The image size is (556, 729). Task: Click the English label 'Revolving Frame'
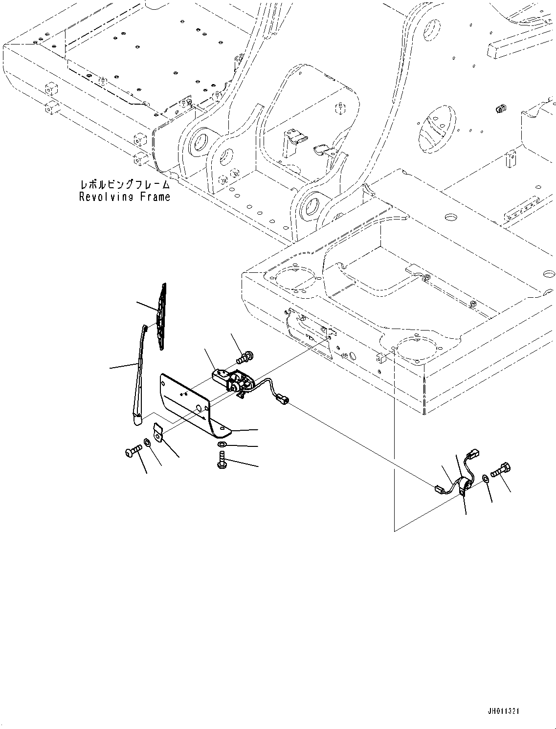[x=125, y=197]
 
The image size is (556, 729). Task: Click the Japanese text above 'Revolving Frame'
[x=125, y=185]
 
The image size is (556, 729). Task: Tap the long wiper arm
[x=140, y=375]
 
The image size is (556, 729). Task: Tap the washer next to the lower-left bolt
[x=147, y=442]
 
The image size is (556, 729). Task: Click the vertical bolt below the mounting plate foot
[x=222, y=460]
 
